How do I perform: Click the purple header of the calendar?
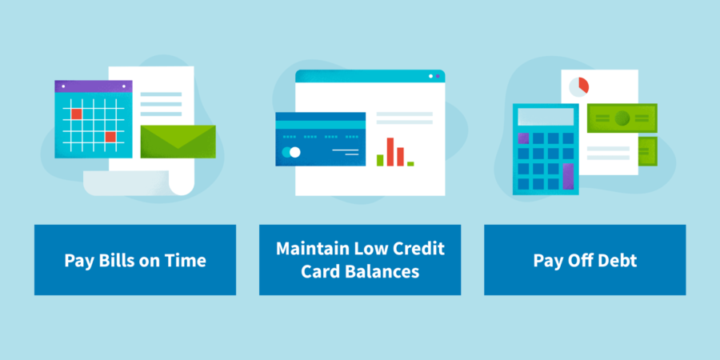tap(93, 86)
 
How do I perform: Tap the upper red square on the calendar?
tap(77, 114)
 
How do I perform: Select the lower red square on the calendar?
tap(110, 137)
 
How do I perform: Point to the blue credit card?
tap(320, 139)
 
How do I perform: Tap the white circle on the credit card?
tap(295, 152)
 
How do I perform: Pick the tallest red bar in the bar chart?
tap(390, 151)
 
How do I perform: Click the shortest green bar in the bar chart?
tap(410, 163)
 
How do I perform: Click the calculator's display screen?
tap(546, 118)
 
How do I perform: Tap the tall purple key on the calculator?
tap(568, 175)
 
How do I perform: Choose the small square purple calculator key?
tap(523, 138)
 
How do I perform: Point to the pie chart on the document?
tap(579, 85)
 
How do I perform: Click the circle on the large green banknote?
tap(622, 118)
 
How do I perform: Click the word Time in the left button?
tap(186, 261)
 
